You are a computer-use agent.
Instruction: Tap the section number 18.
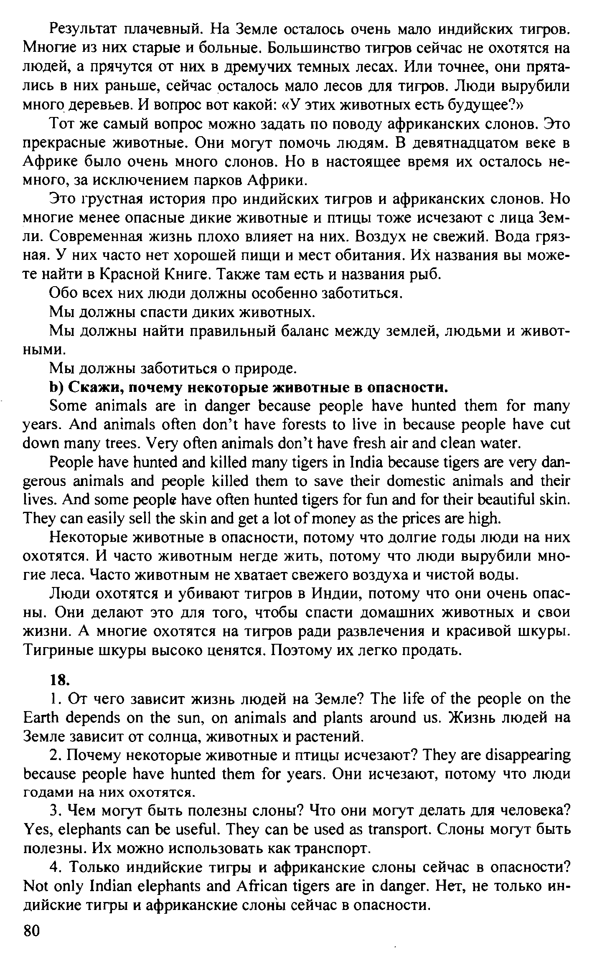[59, 680]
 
